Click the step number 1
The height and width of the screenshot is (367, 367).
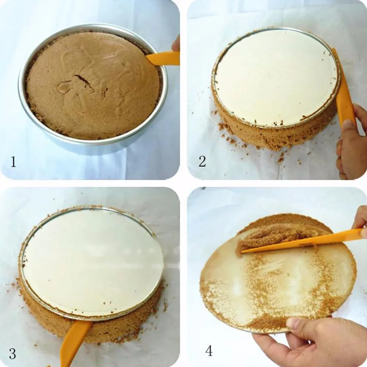pos(13,162)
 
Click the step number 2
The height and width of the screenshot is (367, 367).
pos(202,161)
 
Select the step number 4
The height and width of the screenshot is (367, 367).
pos(209,350)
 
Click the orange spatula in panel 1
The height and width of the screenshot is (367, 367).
pos(163,58)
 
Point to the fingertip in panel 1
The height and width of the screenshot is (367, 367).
pos(177,44)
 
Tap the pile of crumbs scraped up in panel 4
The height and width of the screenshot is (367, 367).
pos(272,235)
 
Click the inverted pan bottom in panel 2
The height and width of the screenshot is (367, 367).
pos(275,77)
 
